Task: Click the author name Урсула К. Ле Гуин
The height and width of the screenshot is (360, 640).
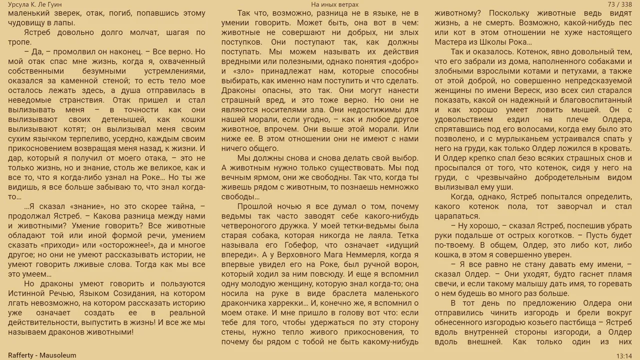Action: [x=35, y=4]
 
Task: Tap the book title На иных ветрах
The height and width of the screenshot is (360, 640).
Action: [x=334, y=4]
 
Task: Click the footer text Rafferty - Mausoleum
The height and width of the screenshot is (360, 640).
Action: [x=42, y=355]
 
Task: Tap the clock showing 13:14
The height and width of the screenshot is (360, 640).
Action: [x=623, y=355]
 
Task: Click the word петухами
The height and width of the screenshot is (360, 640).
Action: [x=585, y=71]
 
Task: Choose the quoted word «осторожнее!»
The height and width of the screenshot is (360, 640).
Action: [x=127, y=245]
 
